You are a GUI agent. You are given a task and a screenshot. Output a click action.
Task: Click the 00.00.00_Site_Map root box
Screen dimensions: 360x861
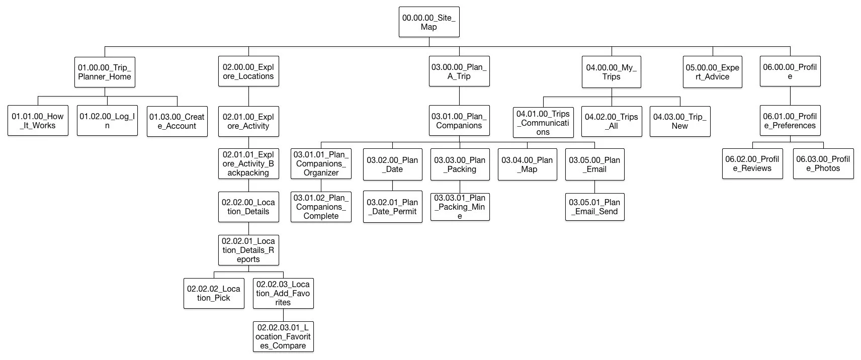pyautogui.click(x=429, y=22)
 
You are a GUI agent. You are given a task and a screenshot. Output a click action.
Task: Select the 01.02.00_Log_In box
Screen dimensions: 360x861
pyautogui.click(x=107, y=121)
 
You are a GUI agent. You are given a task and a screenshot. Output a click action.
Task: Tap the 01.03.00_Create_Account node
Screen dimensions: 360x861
pyautogui.click(x=177, y=121)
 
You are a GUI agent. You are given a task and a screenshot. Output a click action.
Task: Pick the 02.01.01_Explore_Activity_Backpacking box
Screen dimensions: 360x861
pyautogui.click(x=248, y=163)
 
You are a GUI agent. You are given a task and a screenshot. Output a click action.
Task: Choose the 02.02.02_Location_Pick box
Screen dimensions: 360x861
pyautogui.click(x=214, y=293)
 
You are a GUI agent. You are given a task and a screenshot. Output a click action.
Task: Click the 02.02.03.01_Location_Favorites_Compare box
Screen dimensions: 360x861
pyautogui.click(x=283, y=336)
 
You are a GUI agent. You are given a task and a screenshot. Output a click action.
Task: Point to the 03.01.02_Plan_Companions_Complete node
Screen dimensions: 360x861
pyautogui.click(x=321, y=207)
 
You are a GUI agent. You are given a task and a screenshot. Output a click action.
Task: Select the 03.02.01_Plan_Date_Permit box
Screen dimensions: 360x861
pyautogui.click(x=392, y=207)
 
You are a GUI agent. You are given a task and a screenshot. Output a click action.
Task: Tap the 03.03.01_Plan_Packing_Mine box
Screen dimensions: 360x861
pyautogui.click(x=460, y=207)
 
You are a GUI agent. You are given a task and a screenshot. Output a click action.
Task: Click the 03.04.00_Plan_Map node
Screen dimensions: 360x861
pyautogui.click(x=527, y=164)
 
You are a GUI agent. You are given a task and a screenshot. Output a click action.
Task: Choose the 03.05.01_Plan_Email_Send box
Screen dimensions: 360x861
pyautogui.click(x=594, y=207)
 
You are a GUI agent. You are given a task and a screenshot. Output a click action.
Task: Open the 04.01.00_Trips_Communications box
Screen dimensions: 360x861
pyautogui.click(x=543, y=122)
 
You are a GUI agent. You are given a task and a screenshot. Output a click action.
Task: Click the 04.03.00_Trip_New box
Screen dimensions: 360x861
pyautogui.click(x=680, y=121)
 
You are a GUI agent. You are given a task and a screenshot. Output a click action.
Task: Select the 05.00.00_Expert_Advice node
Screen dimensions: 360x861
pyautogui.click(x=713, y=72)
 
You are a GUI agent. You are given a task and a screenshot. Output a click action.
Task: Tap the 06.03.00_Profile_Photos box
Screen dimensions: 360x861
pyautogui.click(x=823, y=163)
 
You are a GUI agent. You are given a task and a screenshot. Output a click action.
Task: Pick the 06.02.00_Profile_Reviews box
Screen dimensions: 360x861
pyautogui.click(x=752, y=163)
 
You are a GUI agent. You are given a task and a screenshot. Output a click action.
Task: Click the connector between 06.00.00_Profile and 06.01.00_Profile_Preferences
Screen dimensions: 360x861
pyautogui.click(x=790, y=96)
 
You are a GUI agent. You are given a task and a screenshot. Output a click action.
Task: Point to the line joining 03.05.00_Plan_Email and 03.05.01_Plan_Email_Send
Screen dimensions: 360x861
pyautogui.click(x=594, y=187)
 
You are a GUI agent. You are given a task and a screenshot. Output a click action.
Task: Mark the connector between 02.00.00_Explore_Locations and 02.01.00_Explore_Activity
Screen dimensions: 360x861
pyautogui.click(x=248, y=96)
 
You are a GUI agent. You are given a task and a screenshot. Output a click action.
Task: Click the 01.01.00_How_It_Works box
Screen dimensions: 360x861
pyautogui.click(x=38, y=121)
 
